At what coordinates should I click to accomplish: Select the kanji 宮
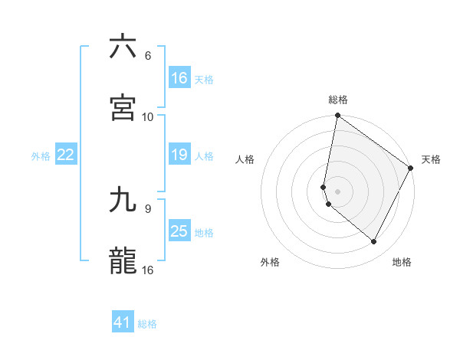[123, 107]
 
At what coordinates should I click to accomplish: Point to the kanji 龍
[123, 260]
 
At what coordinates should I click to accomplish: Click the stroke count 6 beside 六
[148, 56]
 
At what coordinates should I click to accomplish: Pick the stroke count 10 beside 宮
[148, 116]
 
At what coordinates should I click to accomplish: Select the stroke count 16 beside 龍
[148, 270]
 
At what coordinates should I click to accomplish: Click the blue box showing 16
[179, 78]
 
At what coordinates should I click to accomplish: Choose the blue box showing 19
[179, 155]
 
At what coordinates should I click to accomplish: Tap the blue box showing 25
[179, 231]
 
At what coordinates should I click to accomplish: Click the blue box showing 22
[66, 155]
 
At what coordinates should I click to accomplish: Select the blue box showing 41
[123, 322]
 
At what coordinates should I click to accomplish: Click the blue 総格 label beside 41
[147, 324]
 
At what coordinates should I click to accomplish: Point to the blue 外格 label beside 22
[41, 156]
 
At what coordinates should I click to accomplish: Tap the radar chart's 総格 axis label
[338, 100]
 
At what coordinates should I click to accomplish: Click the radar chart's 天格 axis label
[431, 159]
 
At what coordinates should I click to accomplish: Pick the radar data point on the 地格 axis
[374, 242]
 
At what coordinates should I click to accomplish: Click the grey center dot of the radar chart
[338, 191]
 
